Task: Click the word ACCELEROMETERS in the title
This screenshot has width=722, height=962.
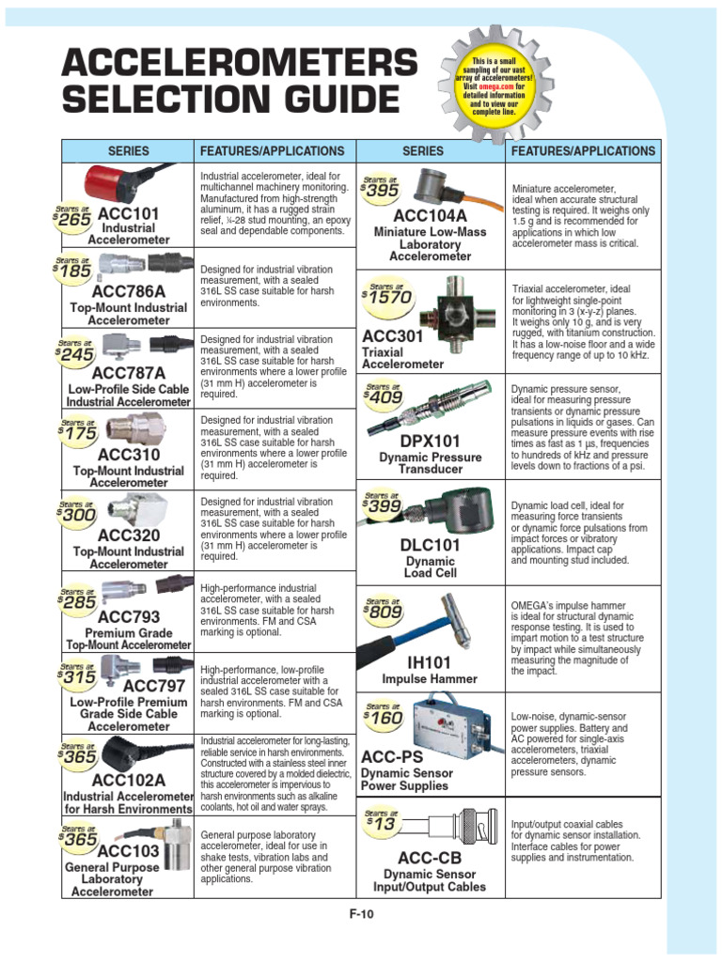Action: click(x=239, y=64)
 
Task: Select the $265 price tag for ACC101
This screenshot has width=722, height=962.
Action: click(x=73, y=218)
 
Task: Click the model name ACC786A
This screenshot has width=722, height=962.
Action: click(x=128, y=292)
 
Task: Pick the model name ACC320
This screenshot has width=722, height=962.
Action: click(x=128, y=535)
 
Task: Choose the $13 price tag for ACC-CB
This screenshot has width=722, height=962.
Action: click(x=382, y=822)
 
